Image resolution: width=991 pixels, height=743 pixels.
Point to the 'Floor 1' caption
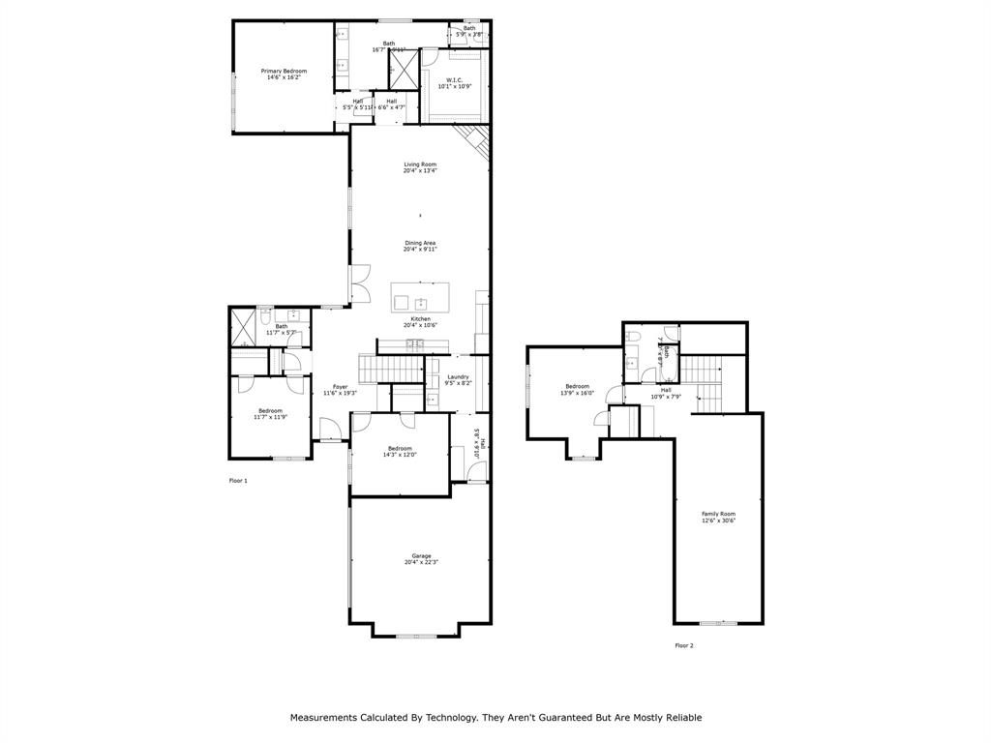pos(238,481)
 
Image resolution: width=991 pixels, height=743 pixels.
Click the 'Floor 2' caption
pos(684,645)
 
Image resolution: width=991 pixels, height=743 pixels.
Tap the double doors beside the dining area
pos(359,282)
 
